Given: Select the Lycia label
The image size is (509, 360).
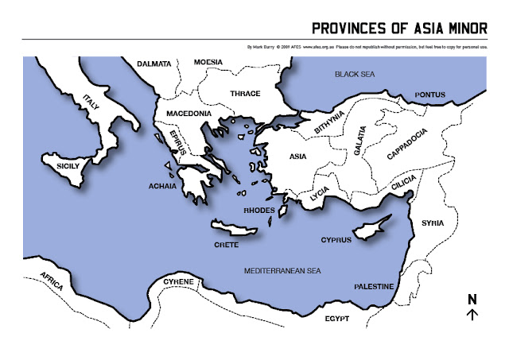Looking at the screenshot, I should tap(319, 192).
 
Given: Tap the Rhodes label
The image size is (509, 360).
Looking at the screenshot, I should tap(258, 211).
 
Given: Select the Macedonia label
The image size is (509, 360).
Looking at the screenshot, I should tap(188, 114).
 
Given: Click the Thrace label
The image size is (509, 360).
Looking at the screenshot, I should tap(245, 93).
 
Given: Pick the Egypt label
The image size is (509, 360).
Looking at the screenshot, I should tap(337, 319).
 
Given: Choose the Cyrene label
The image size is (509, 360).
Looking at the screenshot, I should tap(178, 282).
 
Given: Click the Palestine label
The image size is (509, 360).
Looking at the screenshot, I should tap(374, 285).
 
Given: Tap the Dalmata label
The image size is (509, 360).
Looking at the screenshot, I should tap(154, 63).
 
